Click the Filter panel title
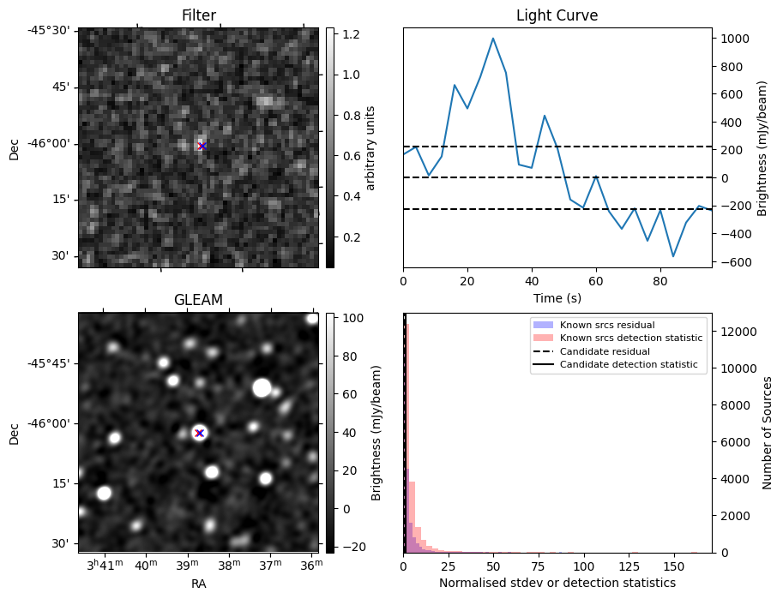pos(199,15)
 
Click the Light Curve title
pos(557,15)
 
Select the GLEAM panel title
pos(199,300)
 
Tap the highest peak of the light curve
pos(493,39)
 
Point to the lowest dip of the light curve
pos(673,256)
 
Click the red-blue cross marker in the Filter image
pos(202,147)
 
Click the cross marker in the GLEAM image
pos(199,433)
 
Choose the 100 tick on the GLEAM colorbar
pos(354,318)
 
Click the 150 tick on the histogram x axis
pos(675,566)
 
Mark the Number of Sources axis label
pos(768,433)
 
